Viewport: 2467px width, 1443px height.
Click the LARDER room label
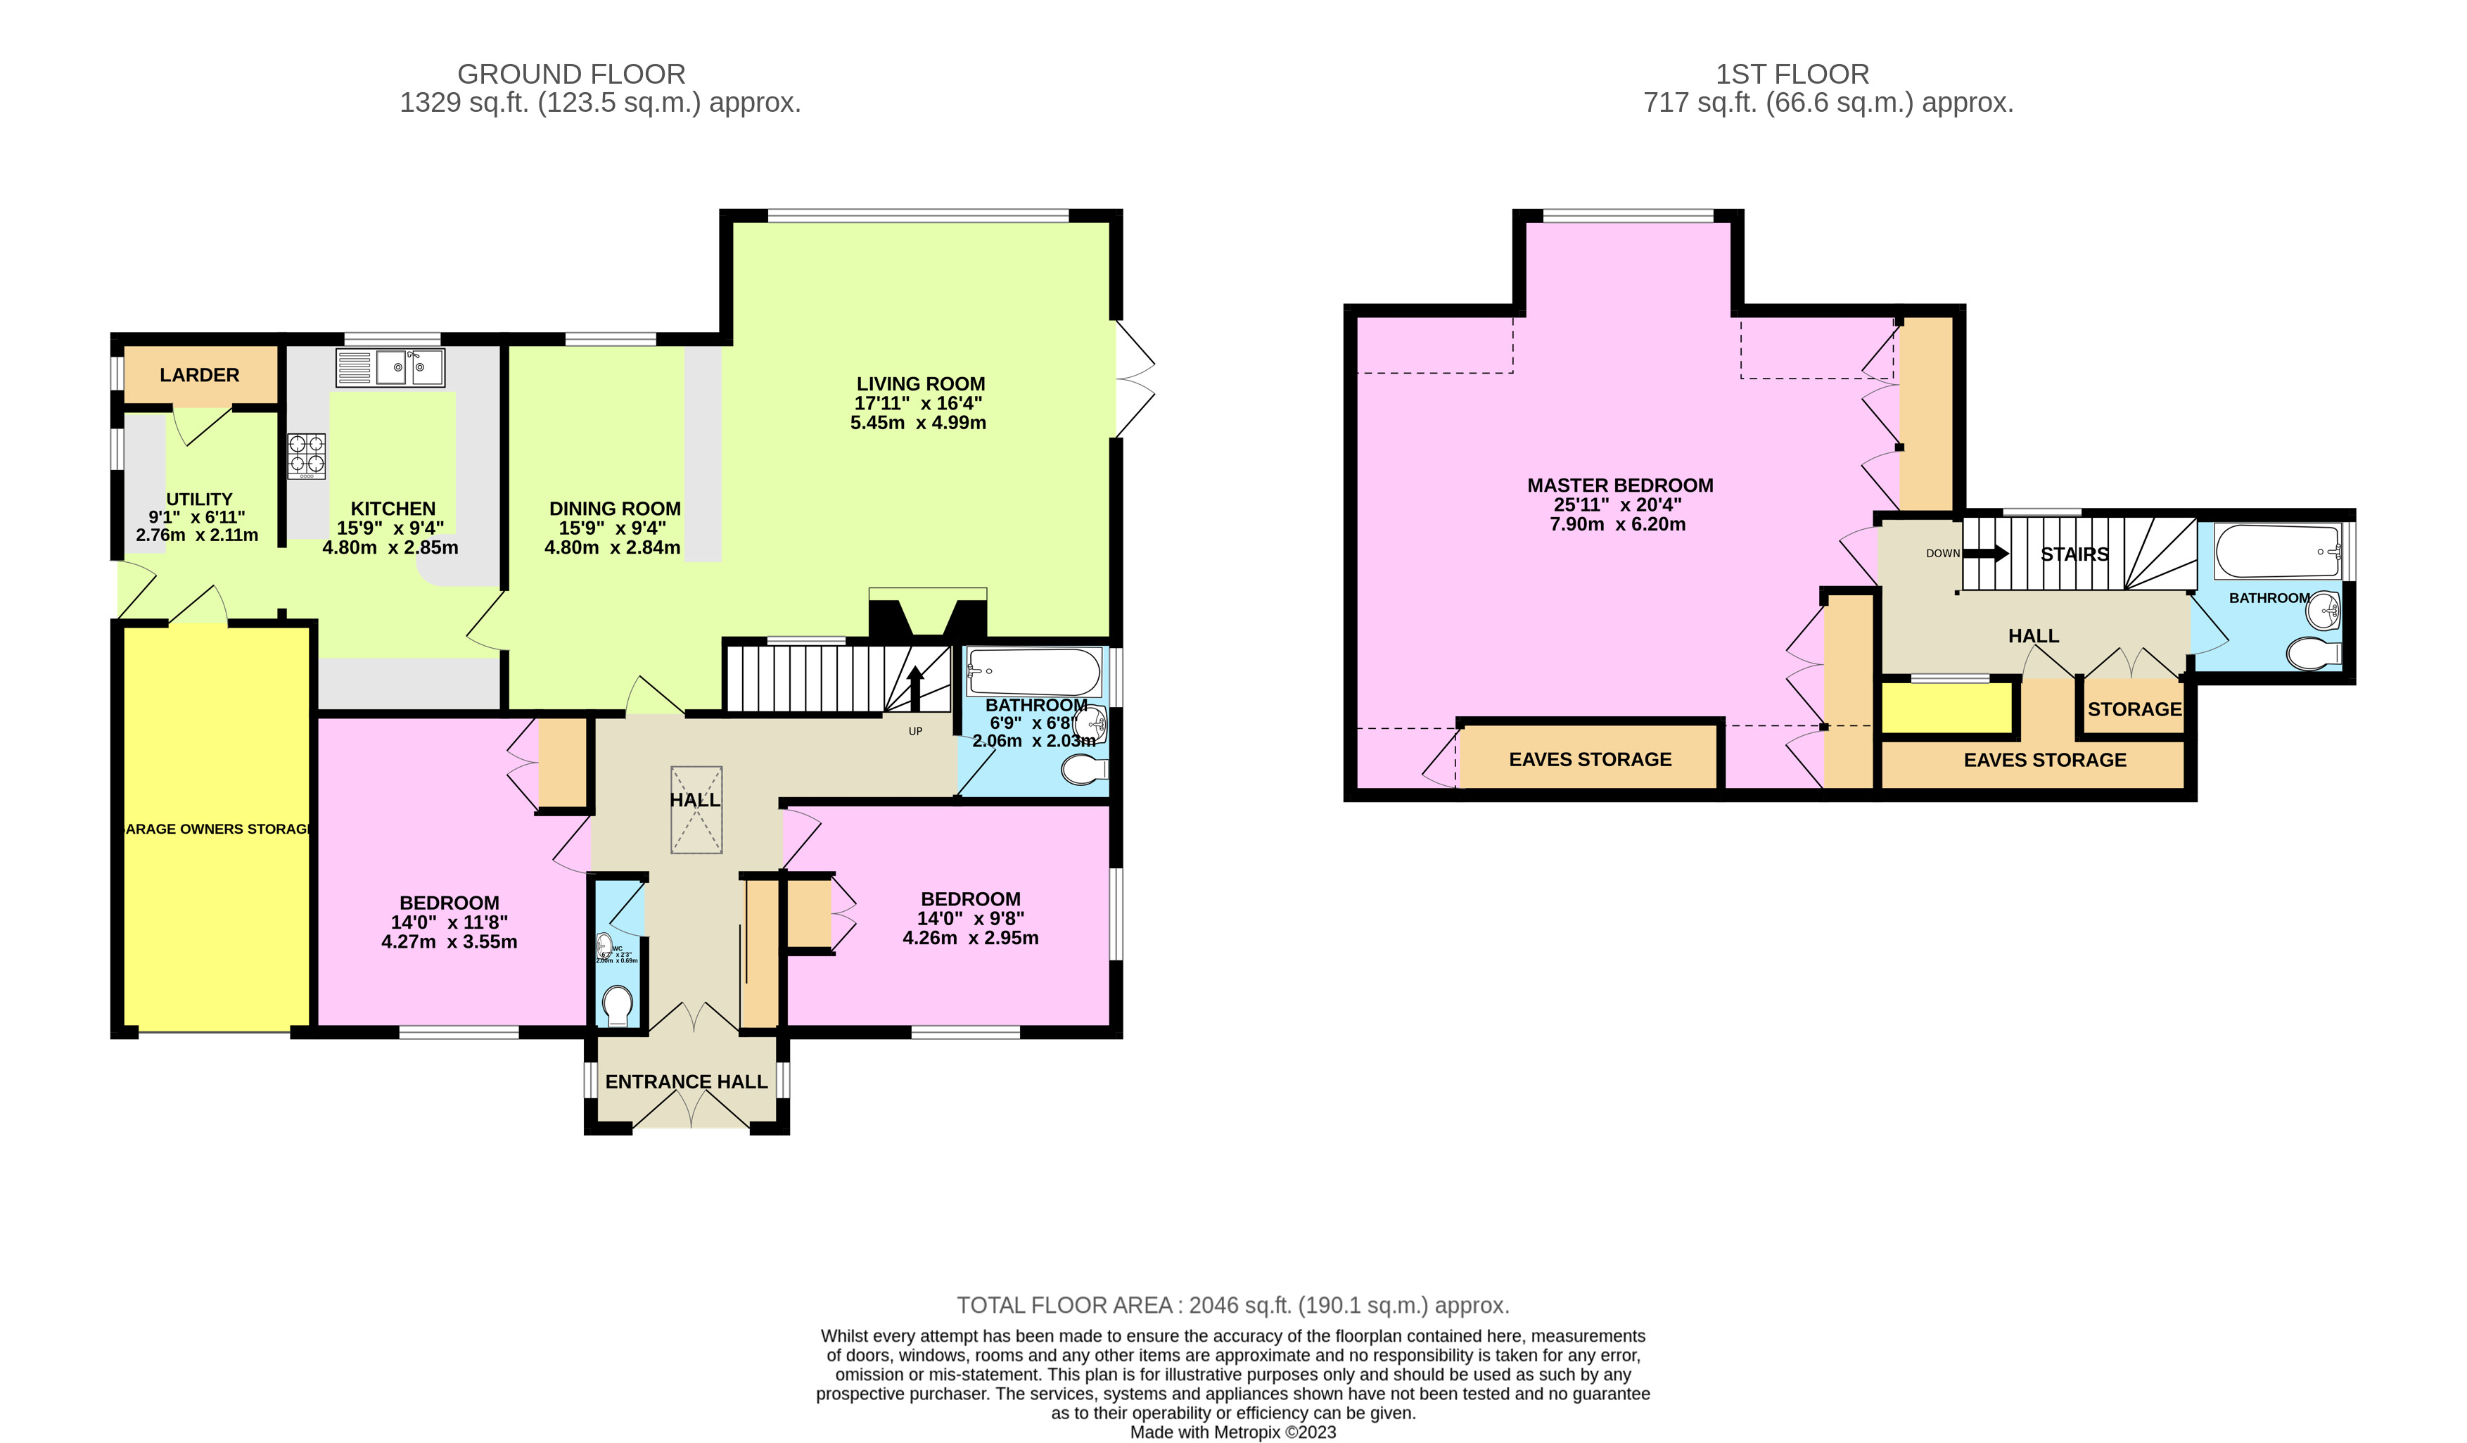coord(199,375)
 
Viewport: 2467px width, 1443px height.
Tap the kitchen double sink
coord(390,368)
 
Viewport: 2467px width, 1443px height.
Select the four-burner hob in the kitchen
coord(307,455)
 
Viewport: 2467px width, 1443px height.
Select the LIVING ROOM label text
coord(920,383)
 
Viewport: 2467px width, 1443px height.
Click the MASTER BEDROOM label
coord(1619,485)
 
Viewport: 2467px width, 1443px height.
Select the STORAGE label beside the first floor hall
coord(2134,708)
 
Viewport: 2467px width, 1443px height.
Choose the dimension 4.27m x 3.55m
coord(450,942)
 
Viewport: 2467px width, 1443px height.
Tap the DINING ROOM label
coord(614,508)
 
